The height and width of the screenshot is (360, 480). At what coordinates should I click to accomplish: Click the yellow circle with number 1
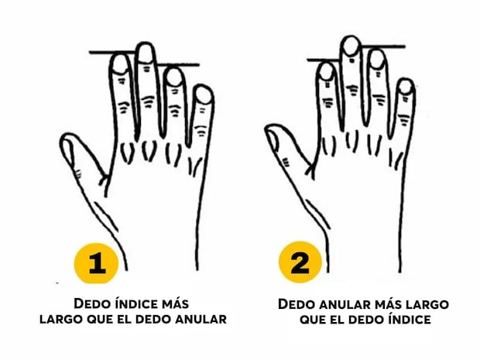coord(96,263)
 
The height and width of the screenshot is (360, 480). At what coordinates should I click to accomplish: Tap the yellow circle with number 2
coord(300,262)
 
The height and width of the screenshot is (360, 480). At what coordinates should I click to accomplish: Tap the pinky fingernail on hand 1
coord(204,95)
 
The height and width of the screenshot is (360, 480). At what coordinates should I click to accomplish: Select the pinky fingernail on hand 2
coord(406,87)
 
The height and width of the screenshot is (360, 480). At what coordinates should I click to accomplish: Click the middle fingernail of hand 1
coord(146,54)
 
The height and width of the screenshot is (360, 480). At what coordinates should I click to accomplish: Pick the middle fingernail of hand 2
coord(351,46)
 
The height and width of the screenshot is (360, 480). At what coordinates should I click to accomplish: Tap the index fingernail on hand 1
coord(120,64)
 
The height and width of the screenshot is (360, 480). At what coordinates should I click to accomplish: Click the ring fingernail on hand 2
coord(377,60)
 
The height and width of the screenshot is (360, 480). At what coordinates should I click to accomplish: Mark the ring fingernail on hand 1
coord(174,77)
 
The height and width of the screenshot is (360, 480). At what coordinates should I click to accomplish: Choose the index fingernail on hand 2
coord(327,72)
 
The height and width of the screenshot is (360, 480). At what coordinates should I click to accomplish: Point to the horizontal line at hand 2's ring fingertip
coord(383,46)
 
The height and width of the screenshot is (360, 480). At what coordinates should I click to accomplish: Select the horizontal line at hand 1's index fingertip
coord(112,53)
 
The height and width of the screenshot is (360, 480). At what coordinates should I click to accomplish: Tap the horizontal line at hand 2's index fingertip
coord(324,60)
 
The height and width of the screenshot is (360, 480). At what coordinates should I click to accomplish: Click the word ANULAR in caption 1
coord(201,319)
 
